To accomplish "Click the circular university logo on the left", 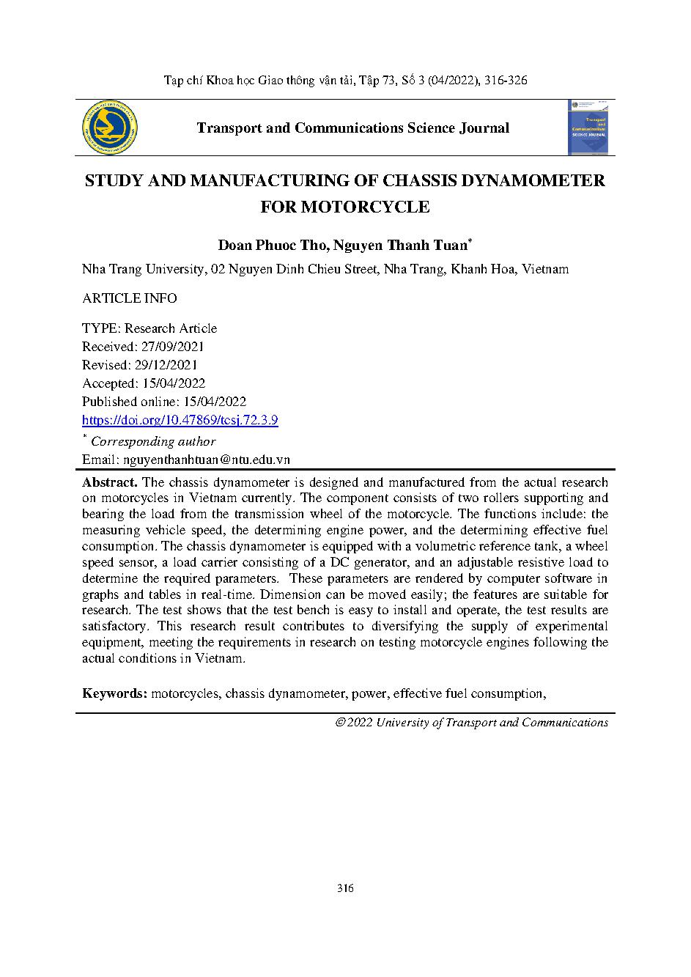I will [x=111, y=128].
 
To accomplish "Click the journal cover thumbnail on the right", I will [x=589, y=128].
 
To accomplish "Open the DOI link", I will [x=180, y=420].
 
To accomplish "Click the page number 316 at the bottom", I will [x=345, y=888].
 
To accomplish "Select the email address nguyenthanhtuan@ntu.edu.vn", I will [x=207, y=460].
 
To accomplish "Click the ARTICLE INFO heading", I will [x=129, y=298].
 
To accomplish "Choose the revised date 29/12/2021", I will [x=167, y=365].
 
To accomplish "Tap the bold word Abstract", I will [x=110, y=482].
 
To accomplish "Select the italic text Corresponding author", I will [x=153, y=441].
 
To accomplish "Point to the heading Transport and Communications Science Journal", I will [x=352, y=128].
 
